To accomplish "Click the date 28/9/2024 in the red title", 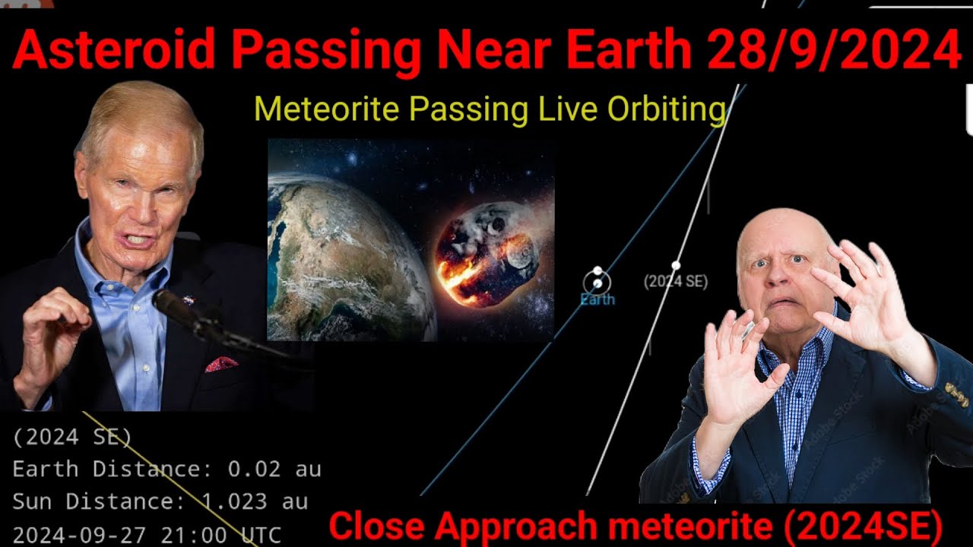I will point(834,51).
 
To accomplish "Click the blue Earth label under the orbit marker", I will point(597,299).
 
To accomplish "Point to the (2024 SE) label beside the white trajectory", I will point(676,282).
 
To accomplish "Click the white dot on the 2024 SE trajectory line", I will point(676,265).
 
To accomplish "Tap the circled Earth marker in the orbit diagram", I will point(597,283).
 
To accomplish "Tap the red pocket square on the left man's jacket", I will point(221,364).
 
